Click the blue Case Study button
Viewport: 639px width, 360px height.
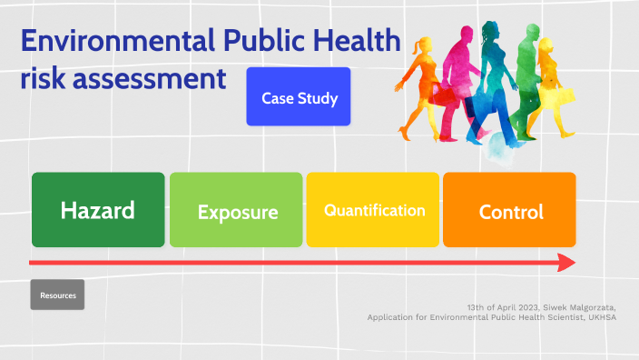click(x=298, y=97)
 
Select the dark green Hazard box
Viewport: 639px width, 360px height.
click(x=98, y=210)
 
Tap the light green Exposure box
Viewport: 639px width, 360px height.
click(x=237, y=212)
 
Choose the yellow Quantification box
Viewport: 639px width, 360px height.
click(x=374, y=210)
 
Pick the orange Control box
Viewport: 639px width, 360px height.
click(x=510, y=212)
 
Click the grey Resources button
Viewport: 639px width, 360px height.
click(x=57, y=295)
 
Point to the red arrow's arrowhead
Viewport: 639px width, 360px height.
click(x=566, y=263)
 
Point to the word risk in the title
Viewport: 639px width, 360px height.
click(x=40, y=80)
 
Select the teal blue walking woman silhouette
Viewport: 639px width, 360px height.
click(x=491, y=82)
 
